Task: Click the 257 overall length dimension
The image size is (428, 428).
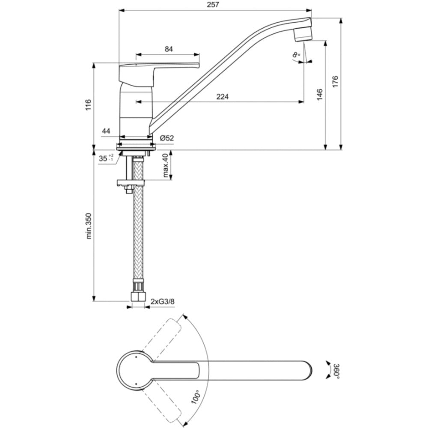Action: click(x=213, y=5)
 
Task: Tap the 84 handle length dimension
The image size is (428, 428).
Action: click(x=169, y=49)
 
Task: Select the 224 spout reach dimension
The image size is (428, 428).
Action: click(x=223, y=96)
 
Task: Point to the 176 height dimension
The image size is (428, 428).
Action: click(x=335, y=82)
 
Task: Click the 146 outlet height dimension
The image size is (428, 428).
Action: click(x=320, y=95)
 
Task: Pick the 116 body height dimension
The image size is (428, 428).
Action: click(x=88, y=105)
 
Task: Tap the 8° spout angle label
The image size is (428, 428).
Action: click(x=296, y=55)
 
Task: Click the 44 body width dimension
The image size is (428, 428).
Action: click(x=106, y=131)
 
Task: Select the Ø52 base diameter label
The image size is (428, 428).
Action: click(x=167, y=138)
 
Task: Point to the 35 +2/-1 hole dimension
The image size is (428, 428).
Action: click(x=106, y=158)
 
